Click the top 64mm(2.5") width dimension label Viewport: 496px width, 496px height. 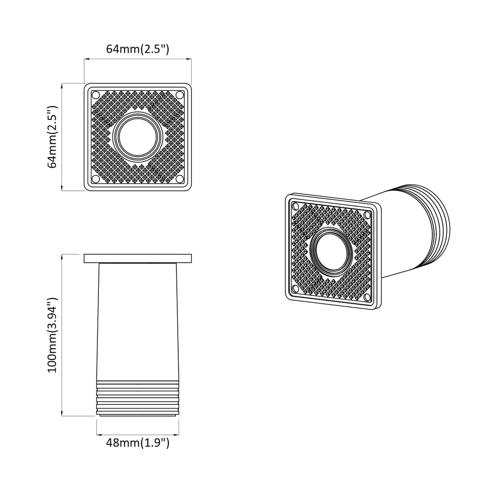tap(138, 49)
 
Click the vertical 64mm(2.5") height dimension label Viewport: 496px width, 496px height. tap(53, 137)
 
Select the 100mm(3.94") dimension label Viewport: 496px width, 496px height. tap(53, 334)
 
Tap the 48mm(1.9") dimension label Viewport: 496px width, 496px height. tap(138, 442)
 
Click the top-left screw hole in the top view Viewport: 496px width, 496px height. tap(95, 94)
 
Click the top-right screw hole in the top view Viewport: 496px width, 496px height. tap(180, 94)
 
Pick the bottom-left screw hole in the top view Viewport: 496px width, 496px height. tap(95, 179)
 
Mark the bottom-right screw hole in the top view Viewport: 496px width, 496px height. tap(180, 179)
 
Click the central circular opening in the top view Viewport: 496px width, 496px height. tap(138, 137)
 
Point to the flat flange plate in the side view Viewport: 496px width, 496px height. tap(138, 259)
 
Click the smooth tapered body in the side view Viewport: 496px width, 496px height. tap(138, 320)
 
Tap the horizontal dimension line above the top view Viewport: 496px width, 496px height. tap(138, 60)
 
